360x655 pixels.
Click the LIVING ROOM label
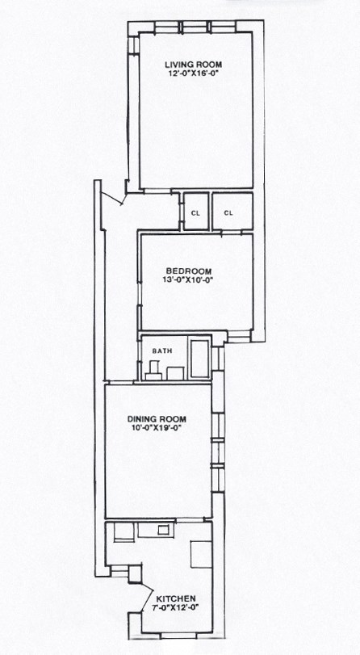click(x=193, y=65)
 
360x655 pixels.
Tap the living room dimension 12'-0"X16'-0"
click(x=193, y=75)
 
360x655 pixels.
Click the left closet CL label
click(x=195, y=213)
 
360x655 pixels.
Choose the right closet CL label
click(x=228, y=213)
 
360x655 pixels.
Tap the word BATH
click(x=162, y=351)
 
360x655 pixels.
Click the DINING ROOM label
click(x=157, y=418)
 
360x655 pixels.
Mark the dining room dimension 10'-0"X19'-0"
click(x=157, y=429)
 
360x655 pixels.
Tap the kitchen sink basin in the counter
click(x=149, y=531)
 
